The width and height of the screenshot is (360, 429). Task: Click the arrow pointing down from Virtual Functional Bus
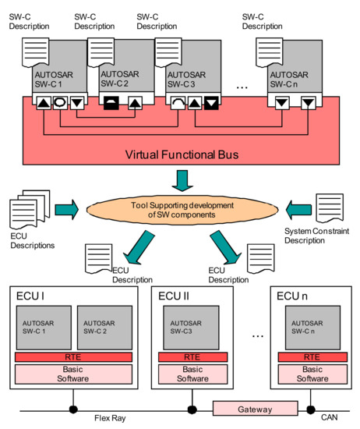click(x=181, y=182)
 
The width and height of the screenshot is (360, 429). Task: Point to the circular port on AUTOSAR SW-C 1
click(x=58, y=101)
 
